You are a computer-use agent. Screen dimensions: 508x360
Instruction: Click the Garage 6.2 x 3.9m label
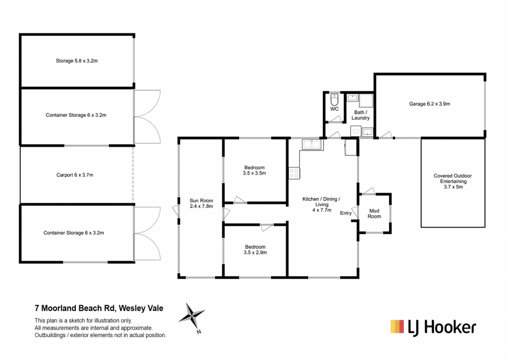(x=429, y=104)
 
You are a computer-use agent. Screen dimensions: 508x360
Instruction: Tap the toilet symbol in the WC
(x=334, y=100)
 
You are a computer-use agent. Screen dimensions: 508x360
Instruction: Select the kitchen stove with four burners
(x=294, y=173)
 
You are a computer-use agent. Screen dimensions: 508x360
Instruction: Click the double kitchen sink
(x=312, y=144)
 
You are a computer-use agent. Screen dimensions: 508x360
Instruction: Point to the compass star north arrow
(x=192, y=315)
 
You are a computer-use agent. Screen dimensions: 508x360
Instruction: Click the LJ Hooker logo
(x=433, y=328)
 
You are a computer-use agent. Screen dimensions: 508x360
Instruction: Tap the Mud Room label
(x=374, y=214)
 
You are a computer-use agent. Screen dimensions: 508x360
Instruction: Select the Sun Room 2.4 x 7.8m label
(x=201, y=204)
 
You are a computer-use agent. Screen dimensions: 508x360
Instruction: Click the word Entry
(x=346, y=213)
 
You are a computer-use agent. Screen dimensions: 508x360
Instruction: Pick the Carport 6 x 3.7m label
(x=74, y=175)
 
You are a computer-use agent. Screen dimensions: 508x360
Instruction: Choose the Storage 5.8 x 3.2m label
(x=76, y=61)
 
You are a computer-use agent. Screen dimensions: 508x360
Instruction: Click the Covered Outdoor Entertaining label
(x=452, y=181)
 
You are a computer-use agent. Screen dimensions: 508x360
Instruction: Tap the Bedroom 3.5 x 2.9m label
(x=255, y=250)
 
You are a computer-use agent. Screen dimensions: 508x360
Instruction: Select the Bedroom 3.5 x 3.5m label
(x=254, y=170)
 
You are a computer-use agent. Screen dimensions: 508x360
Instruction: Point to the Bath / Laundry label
(x=360, y=115)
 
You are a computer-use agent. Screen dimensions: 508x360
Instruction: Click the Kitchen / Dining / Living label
(x=321, y=204)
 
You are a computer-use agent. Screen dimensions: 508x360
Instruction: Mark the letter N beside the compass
(x=199, y=332)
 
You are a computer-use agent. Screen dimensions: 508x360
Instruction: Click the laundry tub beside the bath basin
(x=356, y=131)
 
